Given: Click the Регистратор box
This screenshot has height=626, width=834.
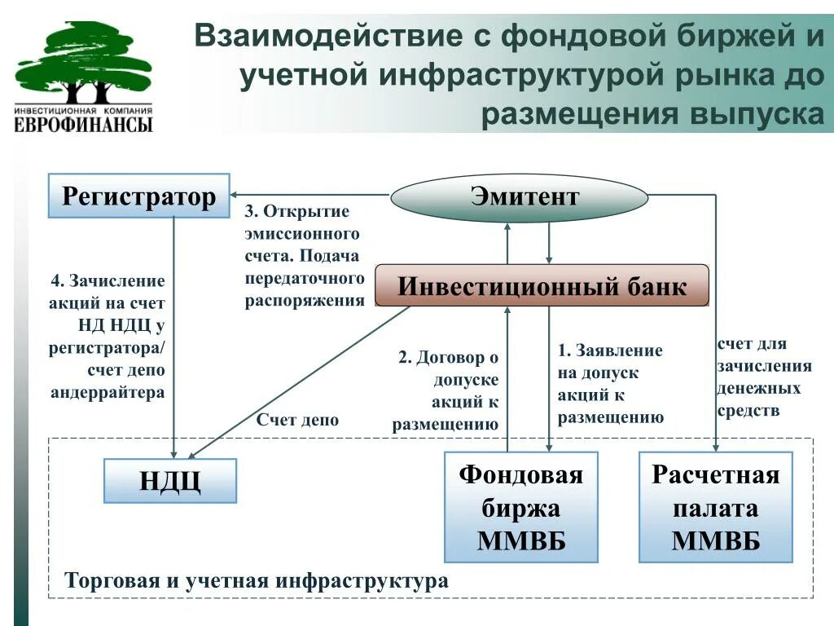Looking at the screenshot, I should [139, 196].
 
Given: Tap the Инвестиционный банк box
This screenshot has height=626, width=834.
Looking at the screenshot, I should [542, 286].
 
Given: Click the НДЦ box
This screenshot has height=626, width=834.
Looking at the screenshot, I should [170, 480].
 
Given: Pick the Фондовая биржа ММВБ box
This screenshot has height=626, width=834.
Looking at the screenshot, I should [520, 507].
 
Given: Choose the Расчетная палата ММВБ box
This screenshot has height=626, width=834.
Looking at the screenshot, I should [715, 507].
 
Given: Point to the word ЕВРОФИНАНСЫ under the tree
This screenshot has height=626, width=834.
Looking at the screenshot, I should [83, 125].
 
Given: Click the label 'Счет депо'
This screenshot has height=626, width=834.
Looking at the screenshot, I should [297, 421].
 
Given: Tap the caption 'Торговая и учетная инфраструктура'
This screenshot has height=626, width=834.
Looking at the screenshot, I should [256, 581].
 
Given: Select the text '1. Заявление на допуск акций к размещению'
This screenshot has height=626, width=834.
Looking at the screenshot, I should [611, 384].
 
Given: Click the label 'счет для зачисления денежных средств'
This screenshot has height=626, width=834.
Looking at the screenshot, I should [764, 377].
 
